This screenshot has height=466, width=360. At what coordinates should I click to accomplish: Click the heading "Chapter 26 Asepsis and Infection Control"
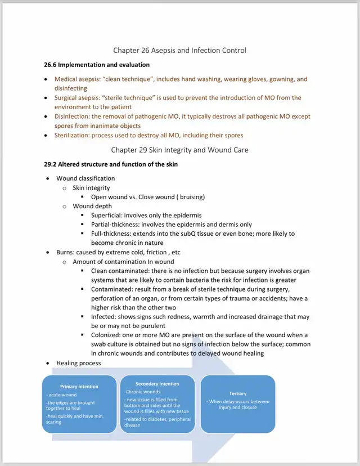coord(179,51)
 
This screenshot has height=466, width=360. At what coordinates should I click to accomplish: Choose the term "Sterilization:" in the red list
coord(75,135)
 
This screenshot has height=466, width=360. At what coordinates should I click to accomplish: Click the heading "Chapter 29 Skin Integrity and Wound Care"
coord(179,150)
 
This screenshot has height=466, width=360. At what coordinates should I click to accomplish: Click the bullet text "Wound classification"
coord(85,178)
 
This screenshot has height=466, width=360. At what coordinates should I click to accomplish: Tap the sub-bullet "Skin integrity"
coord(91,187)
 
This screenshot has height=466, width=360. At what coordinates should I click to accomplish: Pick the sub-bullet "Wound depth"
coord(92,206)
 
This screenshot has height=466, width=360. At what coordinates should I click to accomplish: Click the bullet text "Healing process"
coord(79,363)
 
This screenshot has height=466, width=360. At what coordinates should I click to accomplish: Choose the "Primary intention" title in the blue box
coord(79,387)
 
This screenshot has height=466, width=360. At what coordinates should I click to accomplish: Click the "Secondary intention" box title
coord(157,384)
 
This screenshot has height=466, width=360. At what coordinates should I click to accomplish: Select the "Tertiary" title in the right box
coord(238,393)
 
